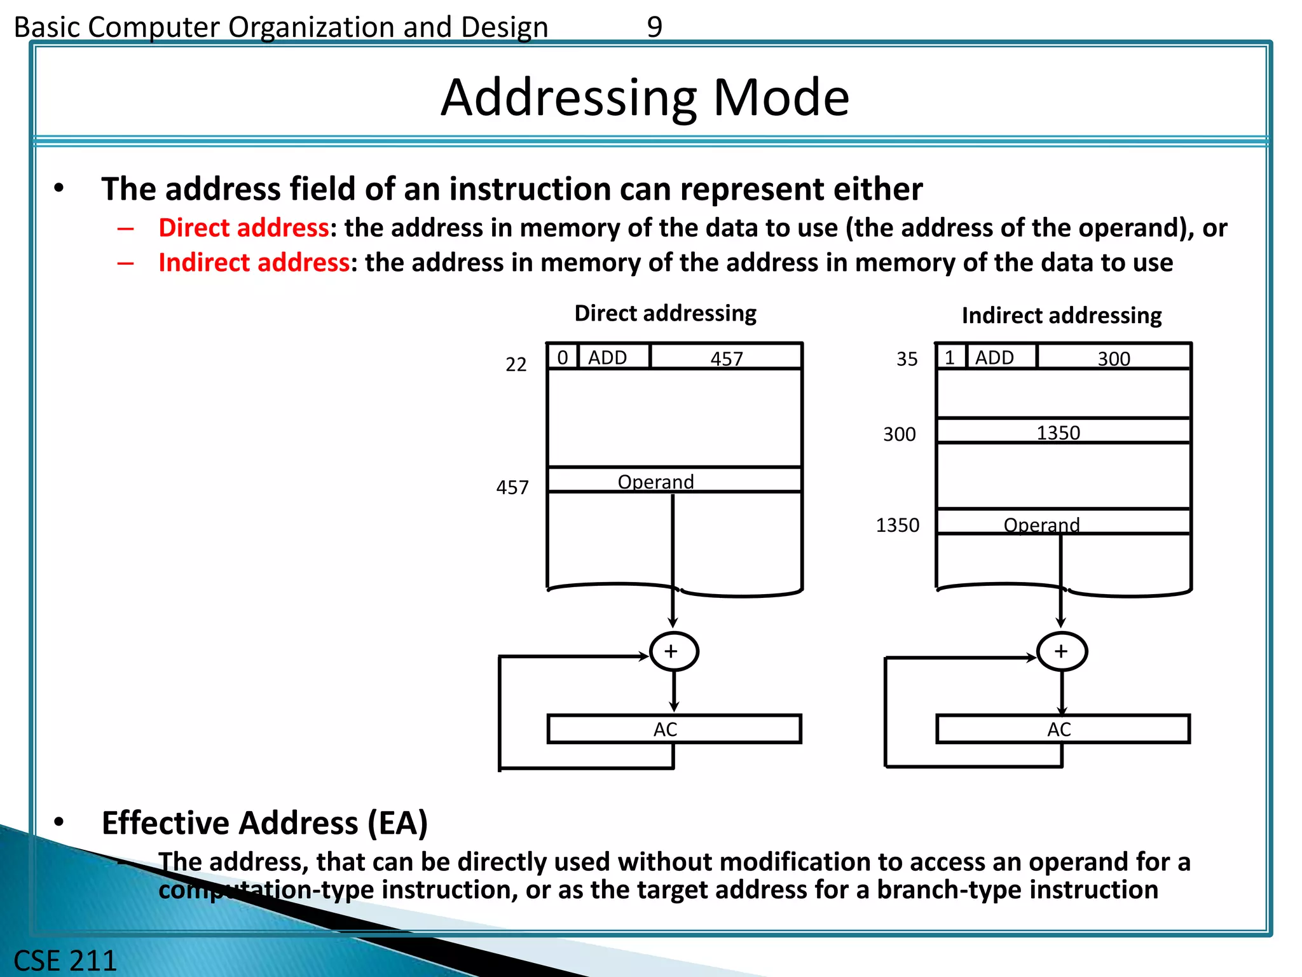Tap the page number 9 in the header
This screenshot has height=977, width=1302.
[654, 27]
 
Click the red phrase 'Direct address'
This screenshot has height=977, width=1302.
[243, 228]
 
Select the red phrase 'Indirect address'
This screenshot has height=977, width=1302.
[254, 263]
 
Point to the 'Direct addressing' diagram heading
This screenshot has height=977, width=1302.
[665, 314]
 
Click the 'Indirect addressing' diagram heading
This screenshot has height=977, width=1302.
[1061, 315]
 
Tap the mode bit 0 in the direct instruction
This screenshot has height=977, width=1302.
[563, 357]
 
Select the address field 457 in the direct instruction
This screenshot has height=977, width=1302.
[726, 358]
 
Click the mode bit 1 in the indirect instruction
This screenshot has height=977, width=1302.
[950, 357]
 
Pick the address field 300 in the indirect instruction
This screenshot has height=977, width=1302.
[1114, 358]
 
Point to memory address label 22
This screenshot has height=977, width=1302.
[516, 364]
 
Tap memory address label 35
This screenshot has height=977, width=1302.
[907, 359]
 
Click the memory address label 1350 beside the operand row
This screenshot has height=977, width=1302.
[897, 525]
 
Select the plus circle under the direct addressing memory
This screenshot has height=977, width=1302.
[673, 652]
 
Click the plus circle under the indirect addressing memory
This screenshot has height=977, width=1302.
[1061, 652]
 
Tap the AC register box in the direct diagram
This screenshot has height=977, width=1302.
[674, 730]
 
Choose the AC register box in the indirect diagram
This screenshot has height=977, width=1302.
[1062, 730]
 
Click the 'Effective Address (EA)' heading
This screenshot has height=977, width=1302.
[264, 823]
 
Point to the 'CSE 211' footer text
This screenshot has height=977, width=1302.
[65, 960]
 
